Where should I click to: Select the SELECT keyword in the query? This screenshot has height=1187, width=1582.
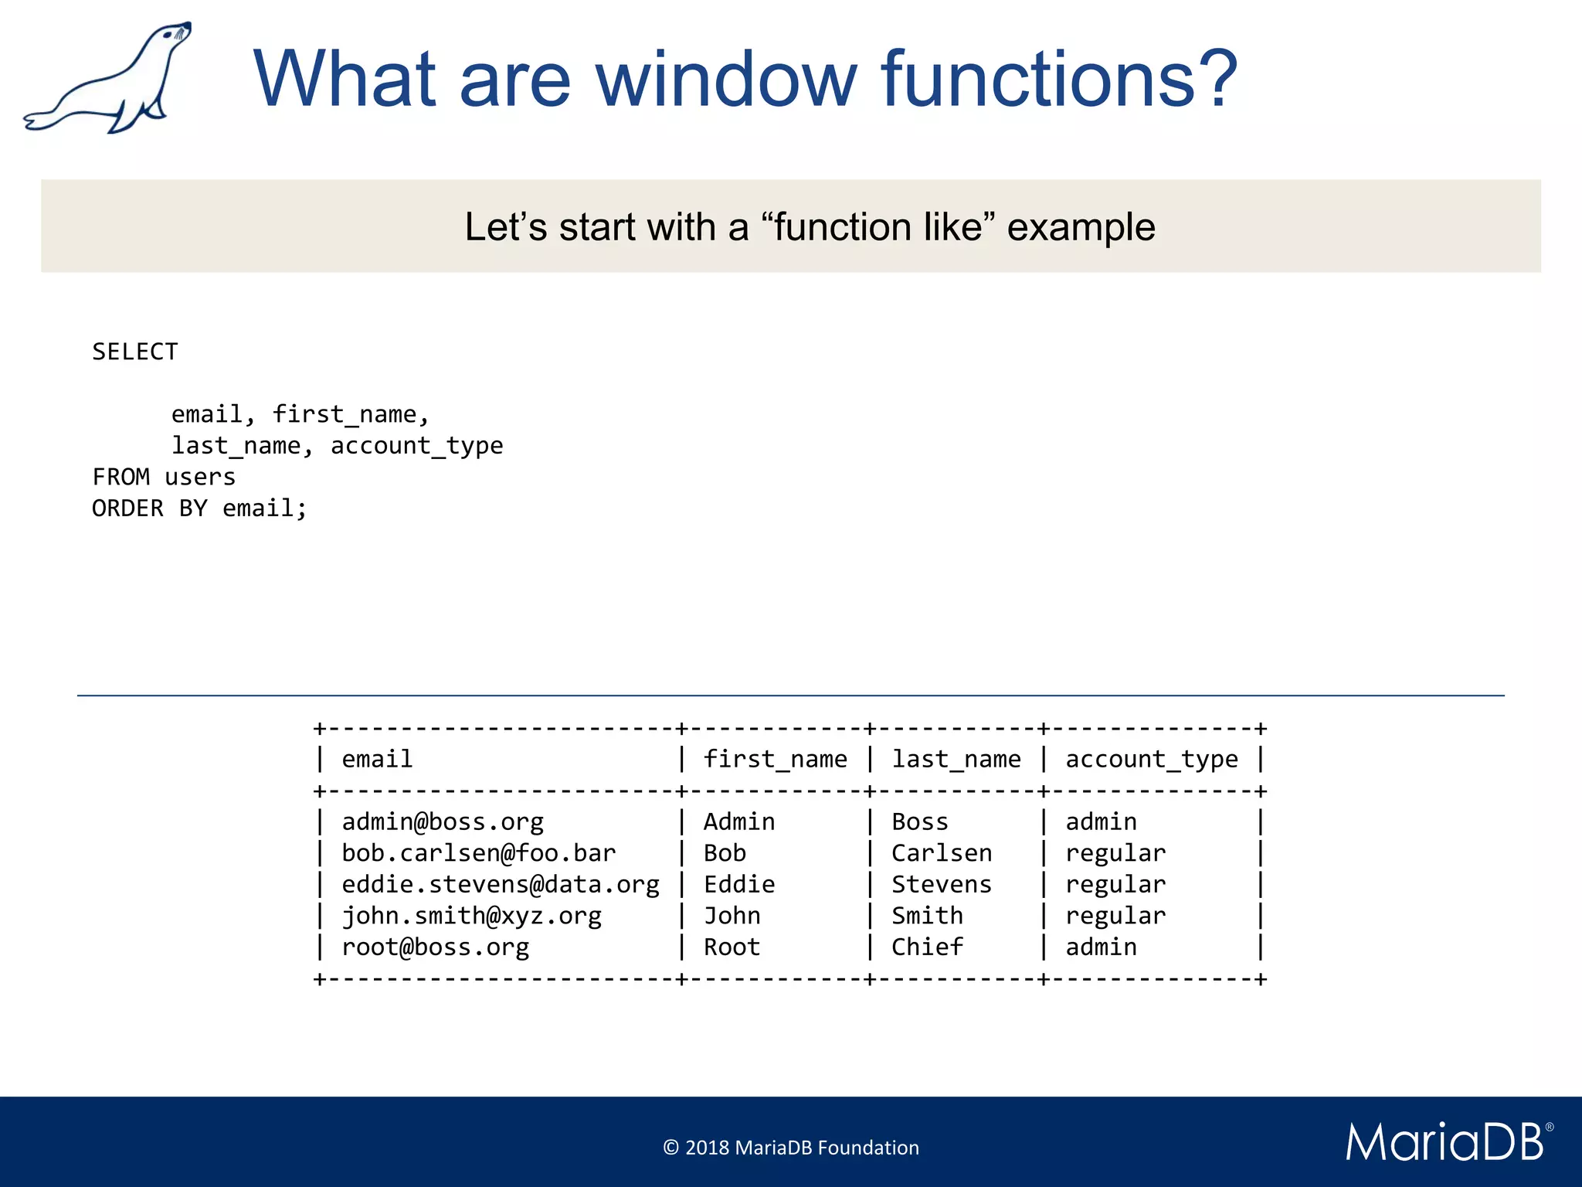135,352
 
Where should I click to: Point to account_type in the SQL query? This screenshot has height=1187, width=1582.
416,446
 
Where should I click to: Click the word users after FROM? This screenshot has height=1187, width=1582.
199,477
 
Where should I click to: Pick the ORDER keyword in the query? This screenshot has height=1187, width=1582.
127,508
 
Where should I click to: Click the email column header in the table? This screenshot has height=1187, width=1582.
377,759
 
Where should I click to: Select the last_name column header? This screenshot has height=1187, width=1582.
956,759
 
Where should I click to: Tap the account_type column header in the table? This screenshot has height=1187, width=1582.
1151,759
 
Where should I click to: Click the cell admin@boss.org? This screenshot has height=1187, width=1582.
443,821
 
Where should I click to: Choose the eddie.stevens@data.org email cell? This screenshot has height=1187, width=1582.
501,884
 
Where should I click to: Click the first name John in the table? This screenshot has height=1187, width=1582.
732,916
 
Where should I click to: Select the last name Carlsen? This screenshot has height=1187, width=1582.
942,853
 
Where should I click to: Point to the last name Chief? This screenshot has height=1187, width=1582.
927,947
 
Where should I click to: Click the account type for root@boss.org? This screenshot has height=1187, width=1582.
1101,947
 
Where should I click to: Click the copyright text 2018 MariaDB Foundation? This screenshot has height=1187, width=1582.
791,1148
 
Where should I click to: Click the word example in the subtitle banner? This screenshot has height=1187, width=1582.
1081,227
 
